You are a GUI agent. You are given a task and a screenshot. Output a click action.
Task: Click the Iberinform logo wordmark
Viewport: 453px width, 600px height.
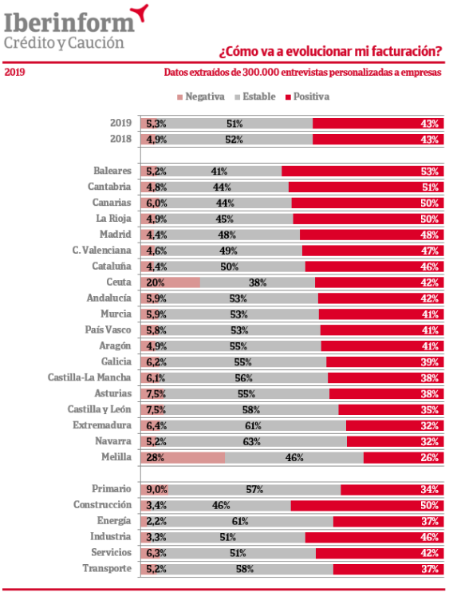point(69,22)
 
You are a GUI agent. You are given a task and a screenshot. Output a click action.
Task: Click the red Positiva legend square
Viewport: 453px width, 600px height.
point(288,97)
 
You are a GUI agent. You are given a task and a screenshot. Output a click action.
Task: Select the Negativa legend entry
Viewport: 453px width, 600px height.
point(201,97)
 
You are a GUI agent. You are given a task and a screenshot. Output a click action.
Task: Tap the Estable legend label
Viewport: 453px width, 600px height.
point(259,97)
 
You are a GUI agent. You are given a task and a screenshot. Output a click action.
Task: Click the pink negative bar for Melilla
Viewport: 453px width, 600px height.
point(183,458)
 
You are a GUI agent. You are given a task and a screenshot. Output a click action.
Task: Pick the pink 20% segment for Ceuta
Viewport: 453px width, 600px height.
point(170,282)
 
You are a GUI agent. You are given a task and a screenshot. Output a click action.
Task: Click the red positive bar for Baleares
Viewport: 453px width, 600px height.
point(363,171)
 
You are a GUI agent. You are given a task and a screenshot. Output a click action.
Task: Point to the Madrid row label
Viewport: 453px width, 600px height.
point(115,235)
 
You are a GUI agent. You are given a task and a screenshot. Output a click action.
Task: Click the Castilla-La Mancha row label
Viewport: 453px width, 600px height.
point(89,377)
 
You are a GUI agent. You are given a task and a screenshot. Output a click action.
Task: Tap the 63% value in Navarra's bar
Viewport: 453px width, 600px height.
point(251,441)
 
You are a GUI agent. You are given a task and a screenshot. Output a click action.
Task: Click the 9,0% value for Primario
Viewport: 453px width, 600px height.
point(156,489)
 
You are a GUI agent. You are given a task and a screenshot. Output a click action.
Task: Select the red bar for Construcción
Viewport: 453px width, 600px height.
point(368,506)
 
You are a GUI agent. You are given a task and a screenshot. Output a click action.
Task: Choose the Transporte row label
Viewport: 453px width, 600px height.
point(107,569)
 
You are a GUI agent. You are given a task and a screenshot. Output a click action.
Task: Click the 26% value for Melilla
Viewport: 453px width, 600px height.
point(429,458)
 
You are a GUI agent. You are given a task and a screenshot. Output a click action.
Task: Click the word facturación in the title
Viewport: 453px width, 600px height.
point(404,51)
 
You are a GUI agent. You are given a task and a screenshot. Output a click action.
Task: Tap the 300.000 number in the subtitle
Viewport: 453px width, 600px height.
point(261,73)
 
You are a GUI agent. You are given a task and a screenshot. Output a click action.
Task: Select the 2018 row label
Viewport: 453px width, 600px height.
point(120,139)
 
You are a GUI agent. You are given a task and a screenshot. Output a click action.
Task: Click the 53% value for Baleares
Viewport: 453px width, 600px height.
point(429,171)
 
